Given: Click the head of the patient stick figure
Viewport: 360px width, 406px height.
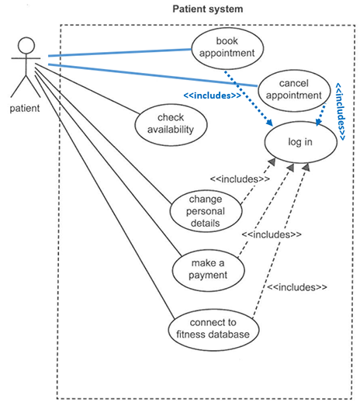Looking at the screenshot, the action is [x=26, y=46].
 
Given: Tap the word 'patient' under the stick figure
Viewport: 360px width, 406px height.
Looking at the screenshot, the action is [x=25, y=108].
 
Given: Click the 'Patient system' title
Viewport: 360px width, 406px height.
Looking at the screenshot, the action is [x=208, y=9].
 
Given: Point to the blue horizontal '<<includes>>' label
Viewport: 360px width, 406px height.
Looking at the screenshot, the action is [x=213, y=95].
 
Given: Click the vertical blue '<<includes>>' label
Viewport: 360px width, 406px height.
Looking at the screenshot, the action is [x=340, y=112].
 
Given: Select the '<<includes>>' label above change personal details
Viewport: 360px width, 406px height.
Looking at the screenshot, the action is [x=240, y=179].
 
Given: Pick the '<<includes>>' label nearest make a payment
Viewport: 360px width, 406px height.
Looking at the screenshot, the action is [x=272, y=234].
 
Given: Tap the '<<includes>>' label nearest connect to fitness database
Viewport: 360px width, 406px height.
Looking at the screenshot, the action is [x=297, y=287].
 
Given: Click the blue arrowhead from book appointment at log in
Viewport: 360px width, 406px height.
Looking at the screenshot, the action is [x=270, y=123].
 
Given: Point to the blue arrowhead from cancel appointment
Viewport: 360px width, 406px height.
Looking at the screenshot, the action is [x=319, y=122].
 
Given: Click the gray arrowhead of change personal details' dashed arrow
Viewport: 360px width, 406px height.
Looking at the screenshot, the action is [x=272, y=161].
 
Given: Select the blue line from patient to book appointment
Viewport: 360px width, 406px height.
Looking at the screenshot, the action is [x=119, y=53].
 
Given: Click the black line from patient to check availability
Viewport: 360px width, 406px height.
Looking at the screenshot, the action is [x=87, y=88].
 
